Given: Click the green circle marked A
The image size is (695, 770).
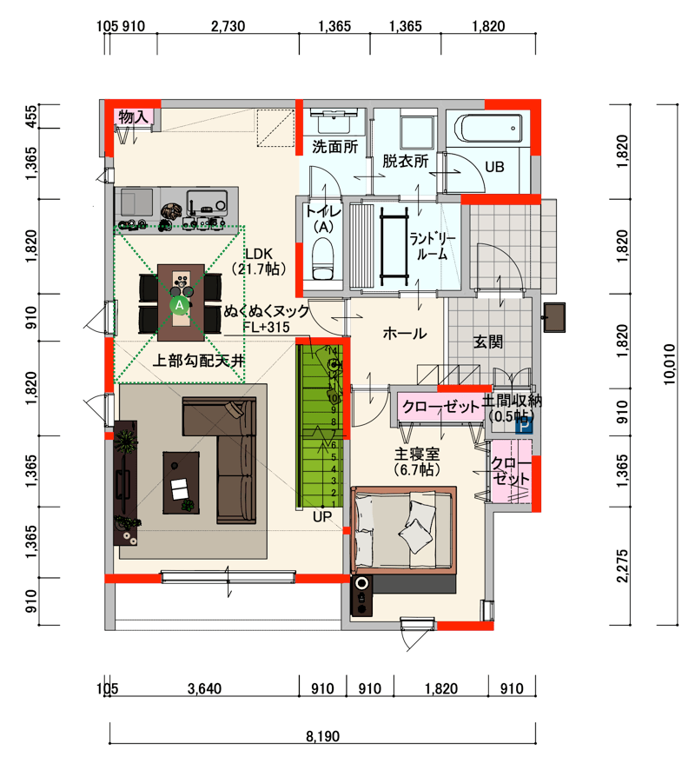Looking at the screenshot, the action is (x=180, y=305).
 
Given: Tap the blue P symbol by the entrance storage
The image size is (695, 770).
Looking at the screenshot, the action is (x=523, y=426).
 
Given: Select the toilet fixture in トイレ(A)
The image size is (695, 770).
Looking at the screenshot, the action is (x=323, y=259).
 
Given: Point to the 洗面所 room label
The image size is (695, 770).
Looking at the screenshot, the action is (x=334, y=147).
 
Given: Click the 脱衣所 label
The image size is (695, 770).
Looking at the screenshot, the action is (x=406, y=161).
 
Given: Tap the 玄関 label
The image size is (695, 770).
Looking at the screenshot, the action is (x=488, y=342).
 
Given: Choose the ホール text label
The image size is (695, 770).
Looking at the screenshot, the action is (x=405, y=334).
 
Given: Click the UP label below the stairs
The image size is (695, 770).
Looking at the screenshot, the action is (x=322, y=516).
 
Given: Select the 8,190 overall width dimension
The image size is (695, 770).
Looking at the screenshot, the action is (x=322, y=736).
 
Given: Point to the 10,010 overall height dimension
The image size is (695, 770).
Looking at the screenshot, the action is (x=670, y=364).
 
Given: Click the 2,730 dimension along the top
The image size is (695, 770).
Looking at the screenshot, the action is (x=228, y=26).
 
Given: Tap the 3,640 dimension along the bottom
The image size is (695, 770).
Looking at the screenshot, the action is (x=204, y=688).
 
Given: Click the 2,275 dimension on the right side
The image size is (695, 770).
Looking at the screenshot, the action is (x=622, y=566).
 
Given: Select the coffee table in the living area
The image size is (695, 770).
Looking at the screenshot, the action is (x=181, y=482).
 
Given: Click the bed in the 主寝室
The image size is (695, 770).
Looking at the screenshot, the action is (x=403, y=530).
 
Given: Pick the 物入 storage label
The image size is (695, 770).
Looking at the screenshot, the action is (x=133, y=116).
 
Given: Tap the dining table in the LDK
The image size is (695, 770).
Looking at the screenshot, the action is (x=181, y=302).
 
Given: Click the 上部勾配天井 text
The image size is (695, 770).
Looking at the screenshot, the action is (x=198, y=361).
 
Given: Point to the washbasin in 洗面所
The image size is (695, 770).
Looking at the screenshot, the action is (x=334, y=121).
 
